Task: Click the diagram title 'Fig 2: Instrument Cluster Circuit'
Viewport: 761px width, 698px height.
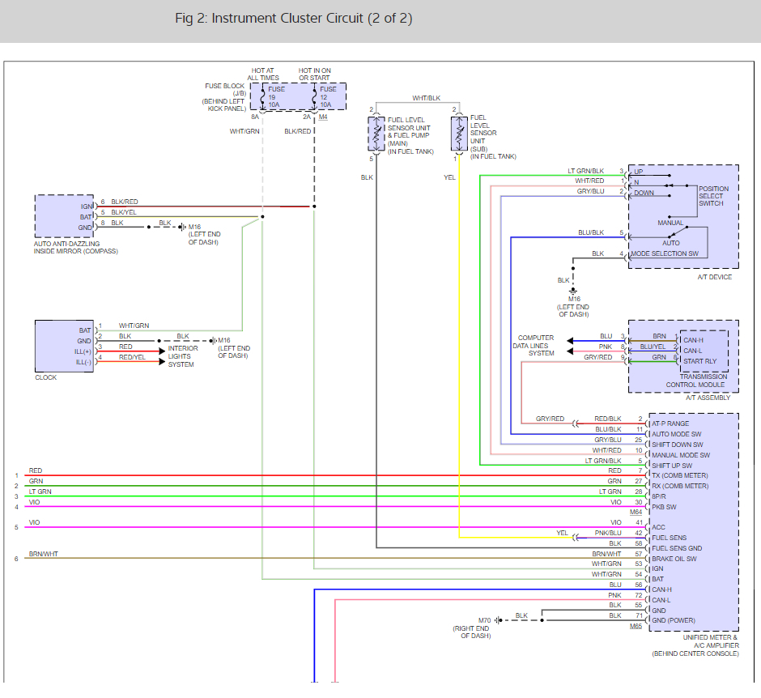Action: click(269, 19)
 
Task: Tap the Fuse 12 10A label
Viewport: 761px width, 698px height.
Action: click(328, 97)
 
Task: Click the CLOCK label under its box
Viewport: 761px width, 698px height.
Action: click(45, 377)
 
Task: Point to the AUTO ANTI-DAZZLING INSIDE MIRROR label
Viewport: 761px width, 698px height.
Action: click(76, 248)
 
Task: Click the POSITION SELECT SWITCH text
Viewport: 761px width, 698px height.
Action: click(713, 196)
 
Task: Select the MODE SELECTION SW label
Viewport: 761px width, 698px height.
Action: click(665, 254)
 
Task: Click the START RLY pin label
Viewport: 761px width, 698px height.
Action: click(699, 361)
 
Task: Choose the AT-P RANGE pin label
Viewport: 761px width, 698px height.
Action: click(670, 423)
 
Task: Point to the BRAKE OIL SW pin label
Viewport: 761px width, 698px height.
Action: click(674, 560)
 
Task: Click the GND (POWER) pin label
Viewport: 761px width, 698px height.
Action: click(674, 620)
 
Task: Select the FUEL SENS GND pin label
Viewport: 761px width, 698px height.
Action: click(677, 548)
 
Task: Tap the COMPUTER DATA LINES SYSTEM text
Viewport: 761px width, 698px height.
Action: click(534, 346)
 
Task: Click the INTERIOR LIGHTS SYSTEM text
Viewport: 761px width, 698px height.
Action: click(183, 356)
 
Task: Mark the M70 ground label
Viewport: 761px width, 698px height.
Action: click(484, 620)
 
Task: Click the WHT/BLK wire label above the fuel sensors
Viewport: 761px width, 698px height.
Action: click(427, 98)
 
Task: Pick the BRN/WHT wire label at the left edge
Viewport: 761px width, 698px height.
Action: click(43, 554)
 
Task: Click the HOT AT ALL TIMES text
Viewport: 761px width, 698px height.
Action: click(263, 74)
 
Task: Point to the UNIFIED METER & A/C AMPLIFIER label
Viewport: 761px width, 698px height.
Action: click(711, 641)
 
